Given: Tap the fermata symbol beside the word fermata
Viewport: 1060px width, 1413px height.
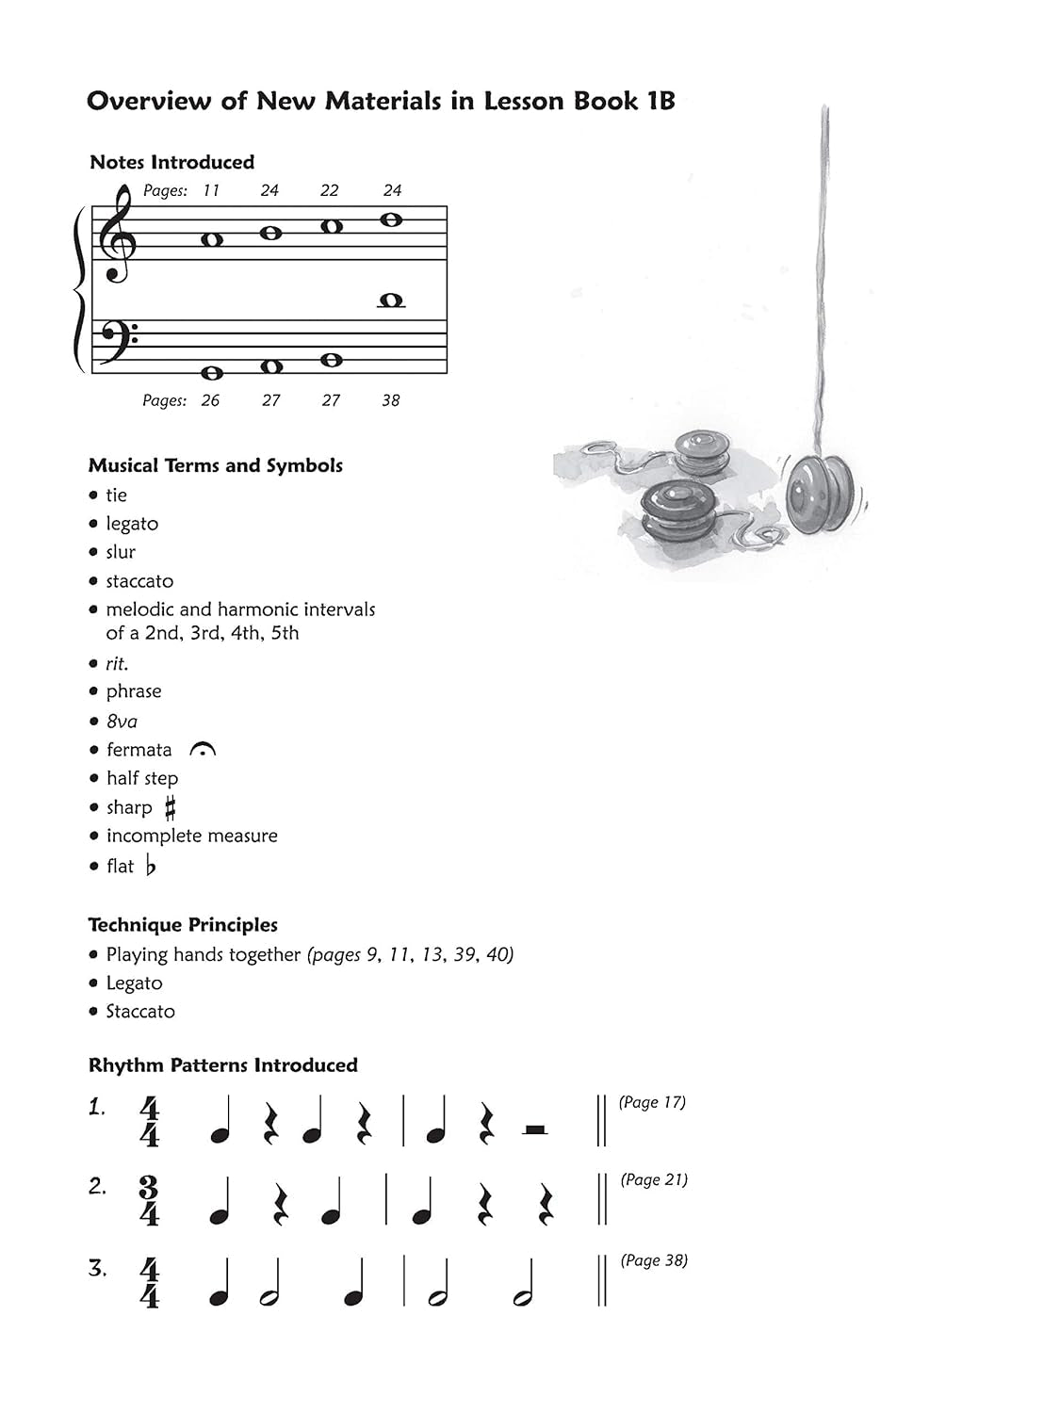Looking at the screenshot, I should (203, 750).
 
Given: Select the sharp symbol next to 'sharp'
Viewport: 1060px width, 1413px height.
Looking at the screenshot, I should (170, 807).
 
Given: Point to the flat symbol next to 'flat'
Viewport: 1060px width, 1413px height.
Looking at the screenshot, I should (151, 866).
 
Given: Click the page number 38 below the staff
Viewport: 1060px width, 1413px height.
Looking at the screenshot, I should (390, 400).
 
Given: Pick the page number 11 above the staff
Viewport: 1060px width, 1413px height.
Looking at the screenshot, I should (211, 190).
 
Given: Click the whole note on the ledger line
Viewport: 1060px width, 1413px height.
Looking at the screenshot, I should (390, 300).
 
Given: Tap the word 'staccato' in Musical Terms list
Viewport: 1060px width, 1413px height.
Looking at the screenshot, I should (139, 581).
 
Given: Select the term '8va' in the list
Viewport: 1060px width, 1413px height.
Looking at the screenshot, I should (122, 722).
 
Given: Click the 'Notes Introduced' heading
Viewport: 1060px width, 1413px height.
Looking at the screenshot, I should (171, 162).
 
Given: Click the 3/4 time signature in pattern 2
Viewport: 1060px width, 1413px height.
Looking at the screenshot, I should (149, 1200).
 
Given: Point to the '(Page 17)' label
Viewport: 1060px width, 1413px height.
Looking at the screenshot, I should (652, 1102).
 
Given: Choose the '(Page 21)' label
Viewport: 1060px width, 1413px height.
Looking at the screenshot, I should (654, 1179).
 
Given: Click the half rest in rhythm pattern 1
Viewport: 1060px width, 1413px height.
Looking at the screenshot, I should (535, 1129).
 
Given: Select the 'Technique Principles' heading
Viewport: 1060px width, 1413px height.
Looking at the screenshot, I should (183, 925).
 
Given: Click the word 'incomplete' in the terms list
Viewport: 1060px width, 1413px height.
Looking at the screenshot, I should (148, 836).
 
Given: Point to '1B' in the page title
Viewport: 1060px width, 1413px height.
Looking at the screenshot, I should (660, 102).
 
